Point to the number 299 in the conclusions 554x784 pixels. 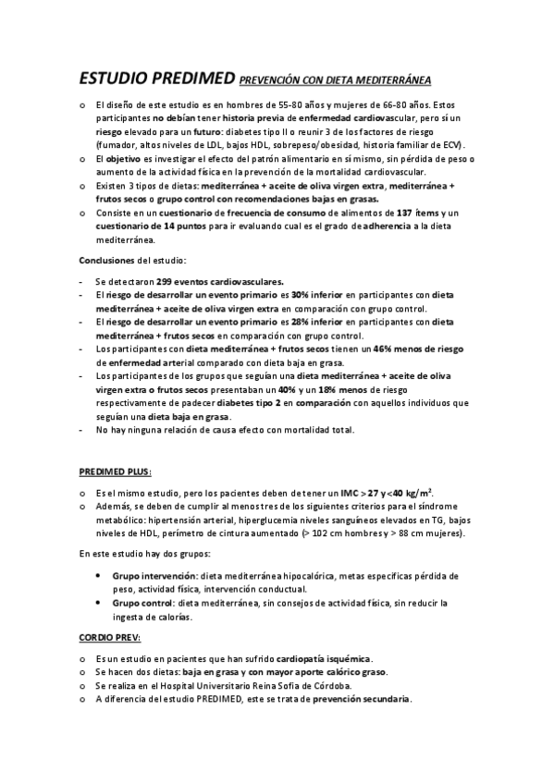(165, 280)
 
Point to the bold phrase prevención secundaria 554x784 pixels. (362, 699)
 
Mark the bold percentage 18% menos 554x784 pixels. (328, 390)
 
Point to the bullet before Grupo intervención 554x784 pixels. (100, 575)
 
